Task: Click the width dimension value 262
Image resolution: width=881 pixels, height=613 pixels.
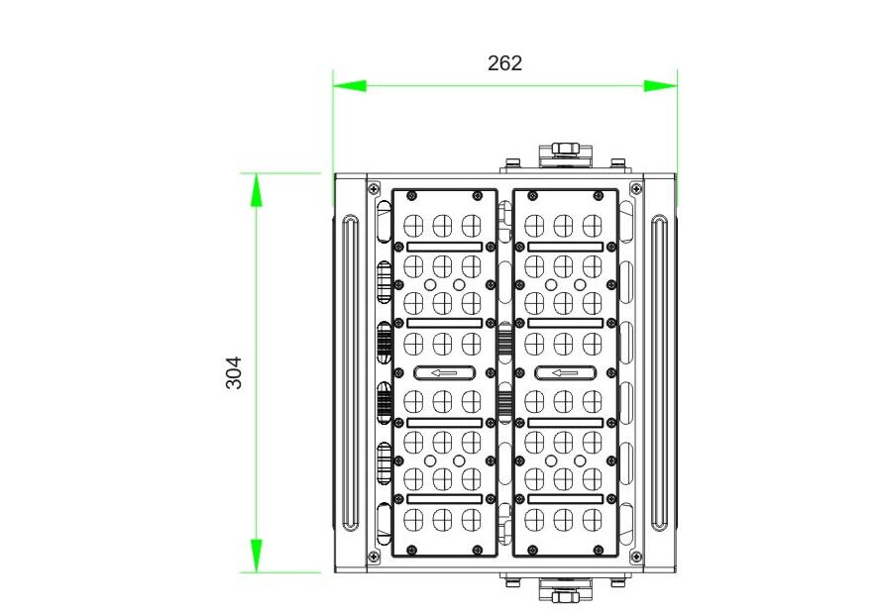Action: [504, 63]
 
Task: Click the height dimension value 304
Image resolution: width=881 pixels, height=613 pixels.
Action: [234, 372]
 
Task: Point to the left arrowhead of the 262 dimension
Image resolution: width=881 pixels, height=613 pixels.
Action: [349, 86]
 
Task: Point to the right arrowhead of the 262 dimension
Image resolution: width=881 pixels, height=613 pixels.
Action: [661, 86]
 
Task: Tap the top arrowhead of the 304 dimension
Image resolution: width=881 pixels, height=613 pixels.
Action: [257, 189]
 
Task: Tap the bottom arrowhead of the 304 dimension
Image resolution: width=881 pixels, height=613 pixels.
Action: [257, 556]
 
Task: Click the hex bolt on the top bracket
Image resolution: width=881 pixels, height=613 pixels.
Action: [565, 151]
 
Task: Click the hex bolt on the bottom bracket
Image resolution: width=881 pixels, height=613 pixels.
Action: [565, 594]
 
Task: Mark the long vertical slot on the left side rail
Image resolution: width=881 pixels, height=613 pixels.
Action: [348, 372]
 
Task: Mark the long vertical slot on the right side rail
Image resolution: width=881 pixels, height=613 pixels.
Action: [660, 372]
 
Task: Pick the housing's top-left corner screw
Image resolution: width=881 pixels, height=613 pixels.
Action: [375, 185]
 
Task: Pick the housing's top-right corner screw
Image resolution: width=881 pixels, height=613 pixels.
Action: [635, 185]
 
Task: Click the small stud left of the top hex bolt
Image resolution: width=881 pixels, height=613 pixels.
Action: [512, 162]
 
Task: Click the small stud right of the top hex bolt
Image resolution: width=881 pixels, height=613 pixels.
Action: [617, 162]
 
